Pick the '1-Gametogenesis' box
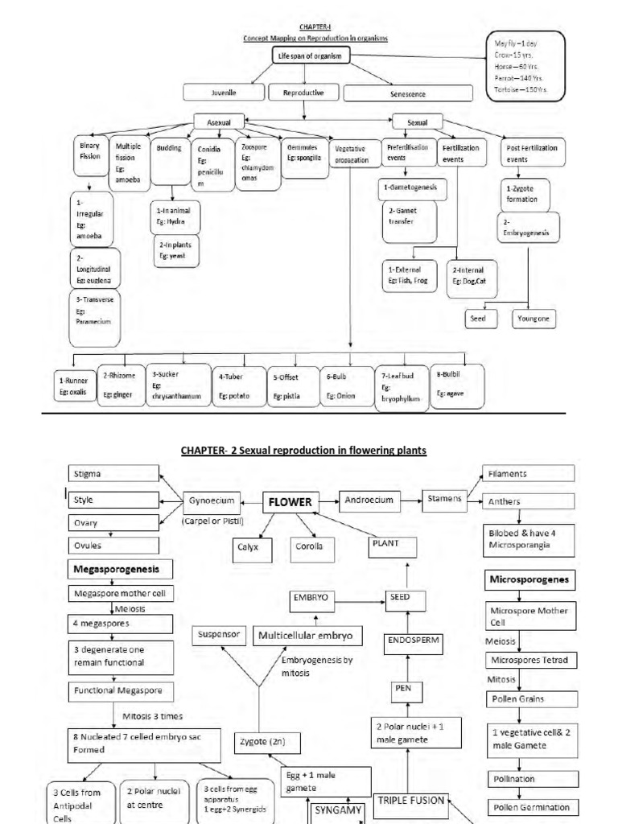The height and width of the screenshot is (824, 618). tap(408, 187)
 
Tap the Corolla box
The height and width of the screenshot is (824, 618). tap(310, 548)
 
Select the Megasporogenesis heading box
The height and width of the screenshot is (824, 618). tap(119, 569)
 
